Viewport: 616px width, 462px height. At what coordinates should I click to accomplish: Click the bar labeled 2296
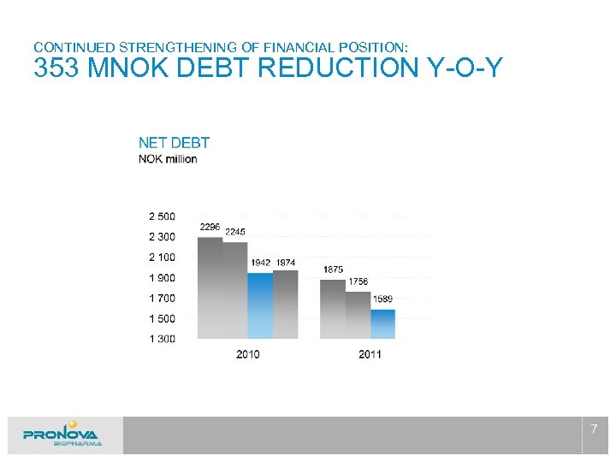tap(210, 287)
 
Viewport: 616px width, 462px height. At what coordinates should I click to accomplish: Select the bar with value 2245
tap(234, 290)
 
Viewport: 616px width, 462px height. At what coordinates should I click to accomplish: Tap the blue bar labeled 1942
tap(260, 305)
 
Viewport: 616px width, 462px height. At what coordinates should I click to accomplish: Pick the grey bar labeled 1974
tap(285, 304)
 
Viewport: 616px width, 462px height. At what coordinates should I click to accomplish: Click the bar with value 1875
tap(333, 309)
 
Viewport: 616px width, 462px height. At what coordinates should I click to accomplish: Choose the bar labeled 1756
tap(358, 315)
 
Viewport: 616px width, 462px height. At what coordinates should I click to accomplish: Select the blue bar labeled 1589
tap(382, 323)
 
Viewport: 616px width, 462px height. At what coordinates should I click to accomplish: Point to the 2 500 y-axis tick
tap(162, 216)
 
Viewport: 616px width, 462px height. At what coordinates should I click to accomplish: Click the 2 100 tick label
tap(162, 258)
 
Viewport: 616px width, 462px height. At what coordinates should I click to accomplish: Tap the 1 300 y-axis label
tap(162, 340)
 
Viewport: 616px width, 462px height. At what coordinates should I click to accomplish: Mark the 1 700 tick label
tap(162, 299)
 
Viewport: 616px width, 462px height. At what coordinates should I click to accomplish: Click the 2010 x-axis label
tap(247, 354)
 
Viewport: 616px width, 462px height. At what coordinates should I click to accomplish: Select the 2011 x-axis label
tap(370, 354)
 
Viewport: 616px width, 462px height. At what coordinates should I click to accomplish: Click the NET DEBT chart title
tap(174, 143)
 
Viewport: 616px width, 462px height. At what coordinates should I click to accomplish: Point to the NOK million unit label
tap(168, 159)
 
